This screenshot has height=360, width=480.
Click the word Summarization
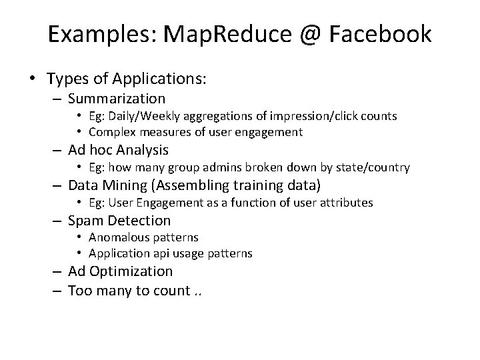coord(117,99)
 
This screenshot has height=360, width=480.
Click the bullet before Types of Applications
coord(32,79)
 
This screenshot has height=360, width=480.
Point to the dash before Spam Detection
coord(57,221)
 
